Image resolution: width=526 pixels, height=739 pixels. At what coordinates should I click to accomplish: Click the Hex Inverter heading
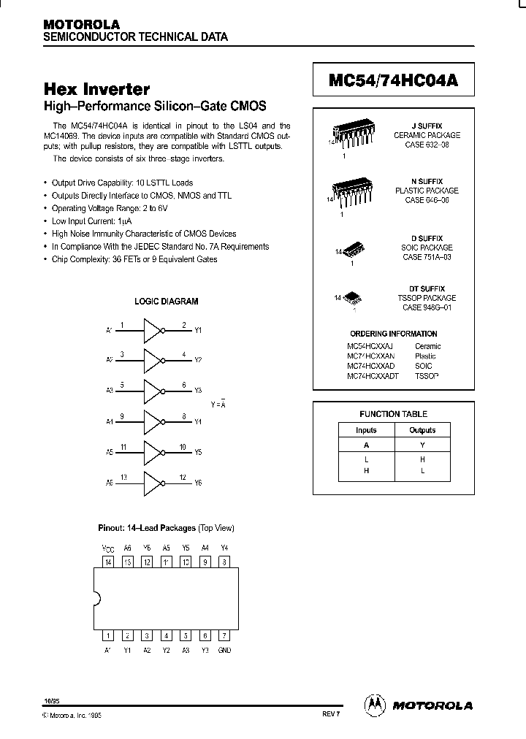pyautogui.click(x=97, y=90)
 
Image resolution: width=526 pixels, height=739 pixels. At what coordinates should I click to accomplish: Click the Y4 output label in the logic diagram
pyautogui.click(x=197, y=422)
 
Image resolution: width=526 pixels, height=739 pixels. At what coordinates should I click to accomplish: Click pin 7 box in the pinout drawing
pyautogui.click(x=224, y=635)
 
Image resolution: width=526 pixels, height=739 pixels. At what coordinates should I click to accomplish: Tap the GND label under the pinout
pyautogui.click(x=224, y=649)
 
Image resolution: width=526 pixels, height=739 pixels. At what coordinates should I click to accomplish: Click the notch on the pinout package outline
pyautogui.click(x=97, y=599)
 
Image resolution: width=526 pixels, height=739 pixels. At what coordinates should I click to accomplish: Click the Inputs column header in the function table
pyautogui.click(x=366, y=430)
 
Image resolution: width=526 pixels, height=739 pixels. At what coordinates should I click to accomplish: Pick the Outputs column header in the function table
pyautogui.click(x=422, y=430)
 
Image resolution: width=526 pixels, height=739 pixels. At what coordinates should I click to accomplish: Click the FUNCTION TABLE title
pyautogui.click(x=393, y=414)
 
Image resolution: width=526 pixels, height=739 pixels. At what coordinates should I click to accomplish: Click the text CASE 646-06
pyautogui.click(x=427, y=200)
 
